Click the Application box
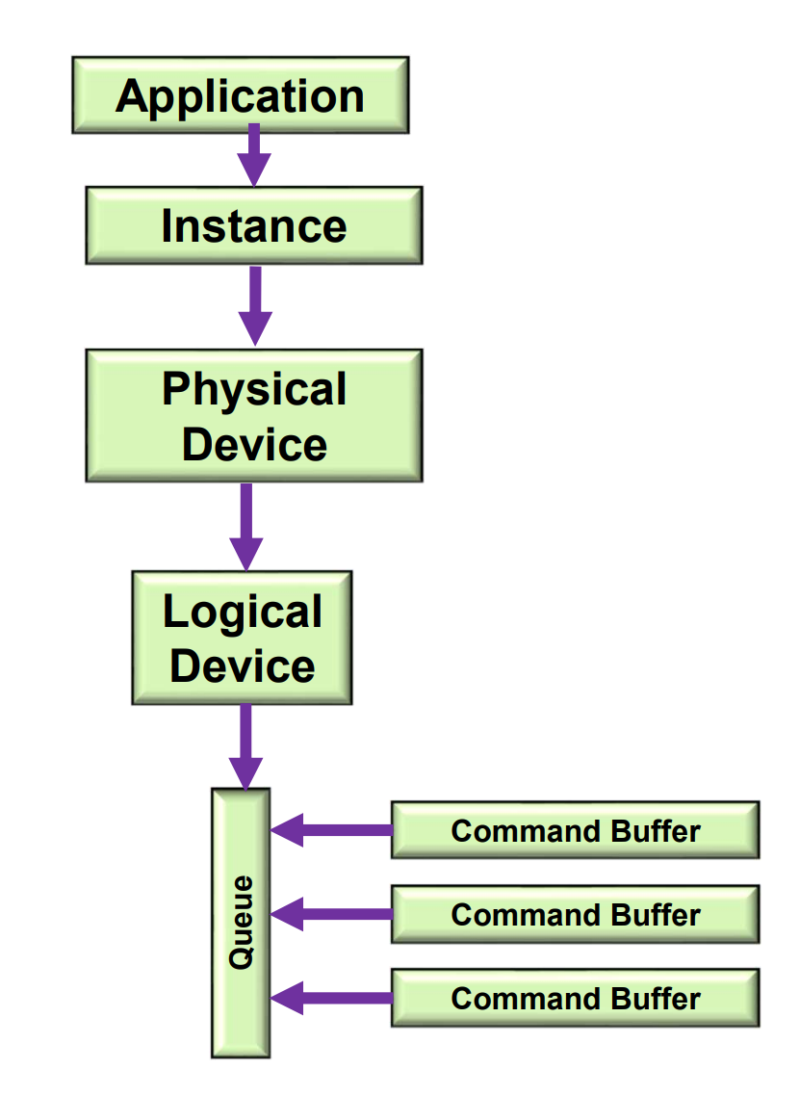pos(240,95)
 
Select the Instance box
pos(254,225)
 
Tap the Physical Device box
pos(254,416)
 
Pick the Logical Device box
pos(242,638)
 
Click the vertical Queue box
pos(241,923)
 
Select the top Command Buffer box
pos(575,830)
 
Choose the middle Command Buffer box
pos(575,914)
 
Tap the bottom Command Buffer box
pos(575,998)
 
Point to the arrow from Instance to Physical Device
pos(254,304)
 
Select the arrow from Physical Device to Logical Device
pos(246,525)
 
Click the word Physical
pos(254,389)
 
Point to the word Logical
pos(243,613)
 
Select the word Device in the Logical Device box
pos(243,665)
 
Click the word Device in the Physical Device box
pos(254,444)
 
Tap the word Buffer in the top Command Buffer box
pos(653,830)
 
